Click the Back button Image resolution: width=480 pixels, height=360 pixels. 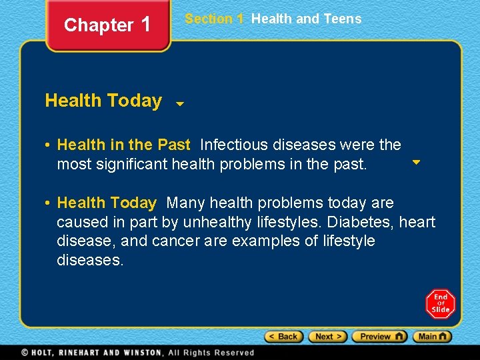[x=284, y=337]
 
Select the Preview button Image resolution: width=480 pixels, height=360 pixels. [x=379, y=337]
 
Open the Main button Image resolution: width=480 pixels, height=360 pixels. [x=432, y=337]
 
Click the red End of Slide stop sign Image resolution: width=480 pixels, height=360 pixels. [x=440, y=304]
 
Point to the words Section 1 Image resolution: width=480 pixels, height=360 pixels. [x=214, y=19]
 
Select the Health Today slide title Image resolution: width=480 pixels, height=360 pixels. [x=103, y=101]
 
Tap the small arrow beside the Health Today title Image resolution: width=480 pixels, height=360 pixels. [x=179, y=104]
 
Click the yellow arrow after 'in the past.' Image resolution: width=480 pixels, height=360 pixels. [x=416, y=162]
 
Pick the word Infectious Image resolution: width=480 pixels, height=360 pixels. [x=231, y=145]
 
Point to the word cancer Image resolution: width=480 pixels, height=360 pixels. [x=175, y=241]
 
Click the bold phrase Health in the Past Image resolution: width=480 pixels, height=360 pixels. [x=124, y=145]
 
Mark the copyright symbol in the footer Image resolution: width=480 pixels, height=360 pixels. [x=25, y=353]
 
